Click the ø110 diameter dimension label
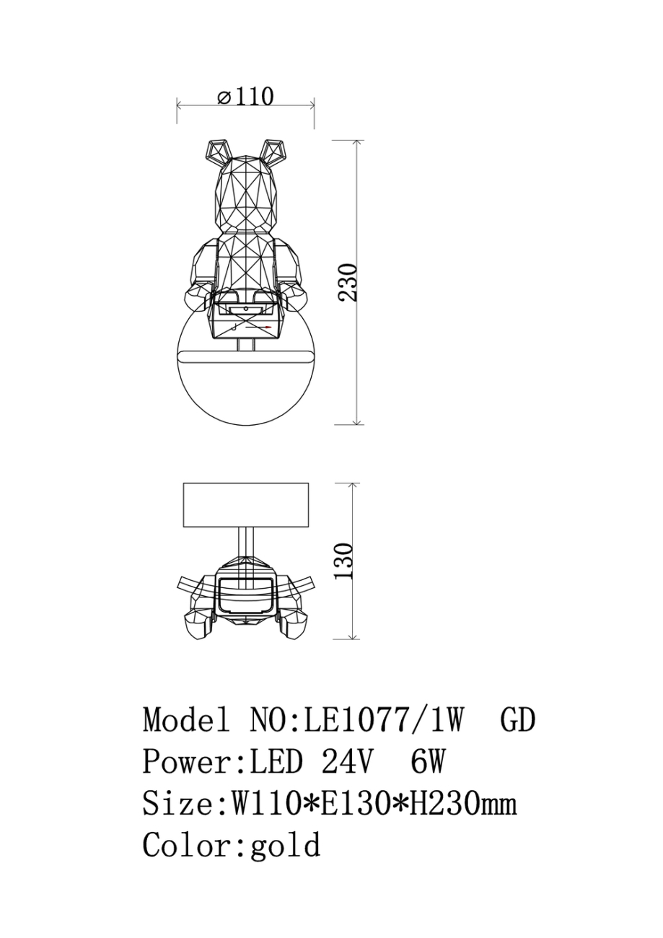pos(245,96)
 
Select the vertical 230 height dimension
pos(348,282)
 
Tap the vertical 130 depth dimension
pos(346,561)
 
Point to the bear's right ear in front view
pos(273,152)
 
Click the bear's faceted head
pos(246,198)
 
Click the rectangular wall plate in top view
pos(245,505)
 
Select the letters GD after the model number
pos(517,720)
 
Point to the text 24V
pos(346,762)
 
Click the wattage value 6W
pos(427,762)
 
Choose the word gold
pos(285,845)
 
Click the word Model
pos(186,720)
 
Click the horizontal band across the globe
pos(245,356)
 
